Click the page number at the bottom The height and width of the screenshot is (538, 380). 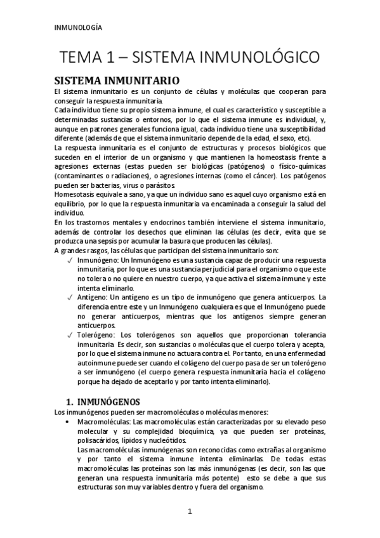click(190, 512)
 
